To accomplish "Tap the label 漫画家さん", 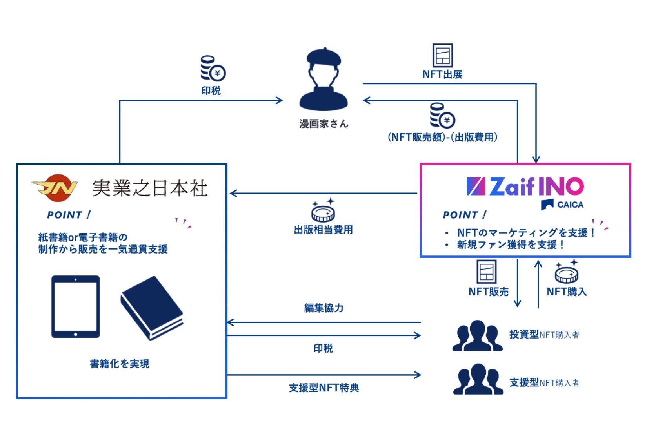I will pos(323,124).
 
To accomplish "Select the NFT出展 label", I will pos(442,74).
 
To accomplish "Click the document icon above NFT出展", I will pos(442,56).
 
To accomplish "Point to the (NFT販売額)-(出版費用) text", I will pos(442,137).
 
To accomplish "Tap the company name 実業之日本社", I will pos(150,188).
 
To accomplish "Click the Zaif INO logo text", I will pos(525,187).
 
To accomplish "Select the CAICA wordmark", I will pos(570,205).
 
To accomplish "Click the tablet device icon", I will pos(76,306).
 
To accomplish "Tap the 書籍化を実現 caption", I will pos(120,364).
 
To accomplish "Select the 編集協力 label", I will pos(323,308).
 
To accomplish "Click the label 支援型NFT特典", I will pos(324,388).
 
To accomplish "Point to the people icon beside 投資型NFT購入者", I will pos(477,336).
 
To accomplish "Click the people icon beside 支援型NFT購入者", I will pos(478,379).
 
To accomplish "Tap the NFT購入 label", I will pos(567,292).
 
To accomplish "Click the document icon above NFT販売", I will pos(487,272).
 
